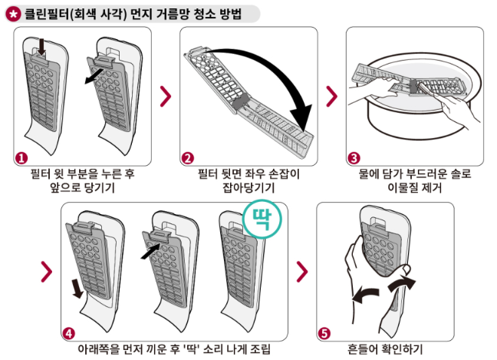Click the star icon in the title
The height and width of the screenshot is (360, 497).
(13, 13)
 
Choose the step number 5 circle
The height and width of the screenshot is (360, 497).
(324, 333)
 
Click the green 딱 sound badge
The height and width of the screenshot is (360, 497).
(263, 220)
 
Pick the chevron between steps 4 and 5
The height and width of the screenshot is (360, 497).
(302, 271)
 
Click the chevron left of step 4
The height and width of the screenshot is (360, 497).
(47, 271)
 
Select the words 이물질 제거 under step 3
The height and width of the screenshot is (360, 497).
(415, 187)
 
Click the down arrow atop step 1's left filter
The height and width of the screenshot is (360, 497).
(42, 50)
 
